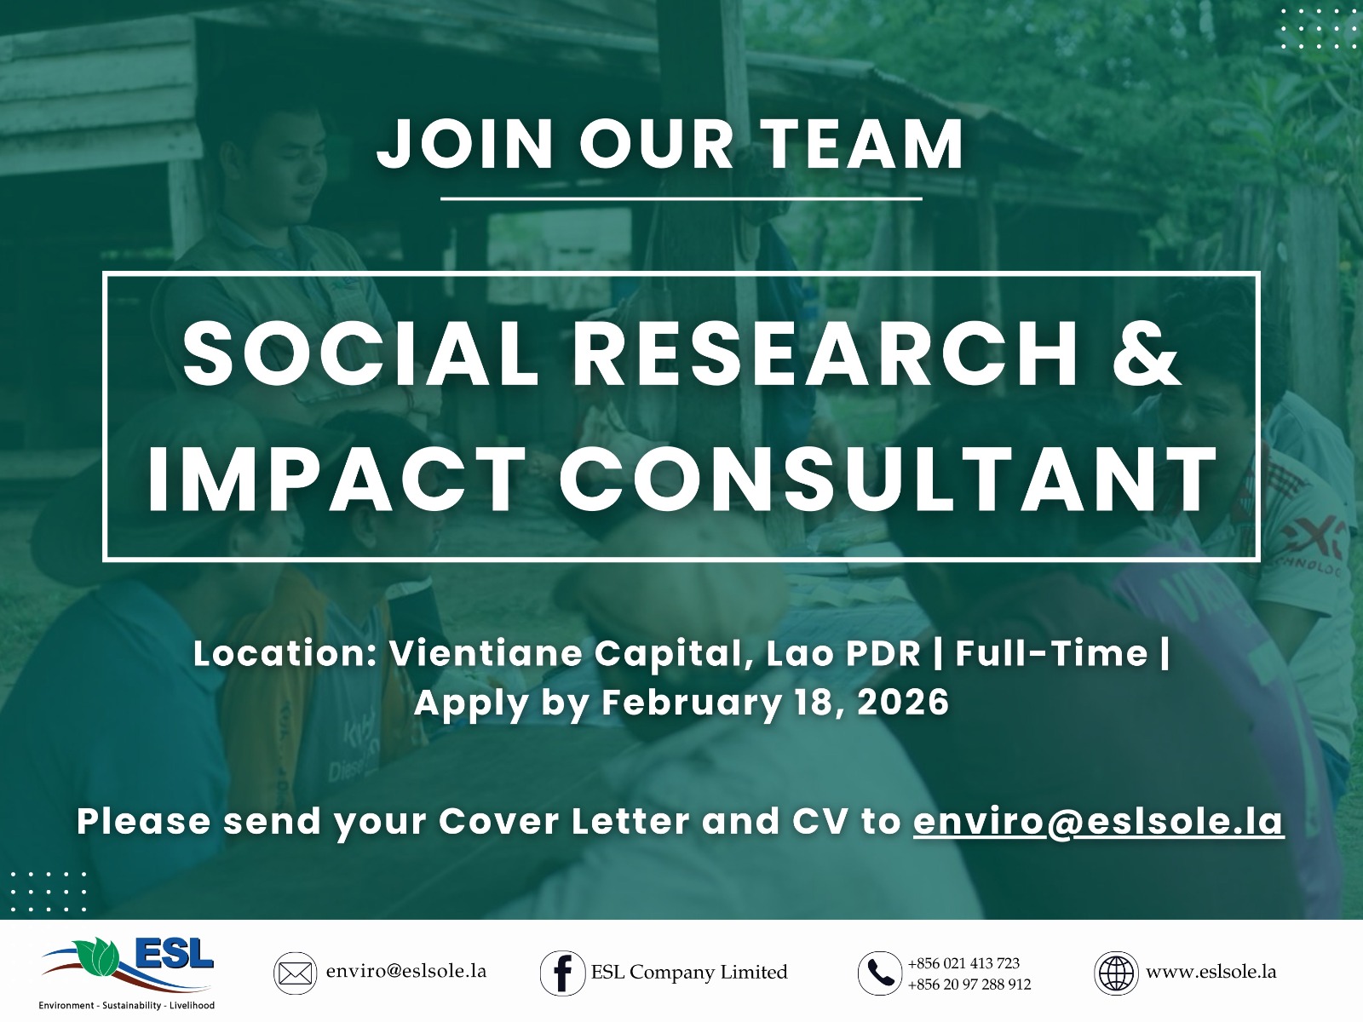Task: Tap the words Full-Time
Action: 1051,654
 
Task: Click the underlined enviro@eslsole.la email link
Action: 1098,822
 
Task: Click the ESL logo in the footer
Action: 128,962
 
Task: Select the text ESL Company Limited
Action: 689,973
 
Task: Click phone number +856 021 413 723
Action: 963,963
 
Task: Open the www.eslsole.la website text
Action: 1211,972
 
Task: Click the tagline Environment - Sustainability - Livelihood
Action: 127,1006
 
